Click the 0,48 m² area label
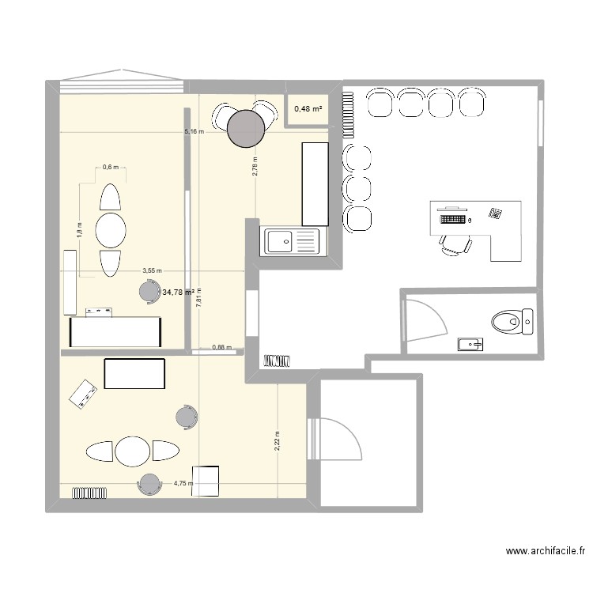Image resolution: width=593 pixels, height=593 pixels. (309, 109)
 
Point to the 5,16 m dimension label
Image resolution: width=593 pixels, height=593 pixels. (195, 132)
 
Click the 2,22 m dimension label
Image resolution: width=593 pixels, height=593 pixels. (277, 440)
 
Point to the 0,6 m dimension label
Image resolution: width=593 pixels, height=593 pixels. (110, 167)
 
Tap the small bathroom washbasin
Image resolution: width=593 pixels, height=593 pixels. (470, 344)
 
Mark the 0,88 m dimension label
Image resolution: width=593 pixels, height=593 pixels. (222, 347)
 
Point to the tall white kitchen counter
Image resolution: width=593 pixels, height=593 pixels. (315, 183)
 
